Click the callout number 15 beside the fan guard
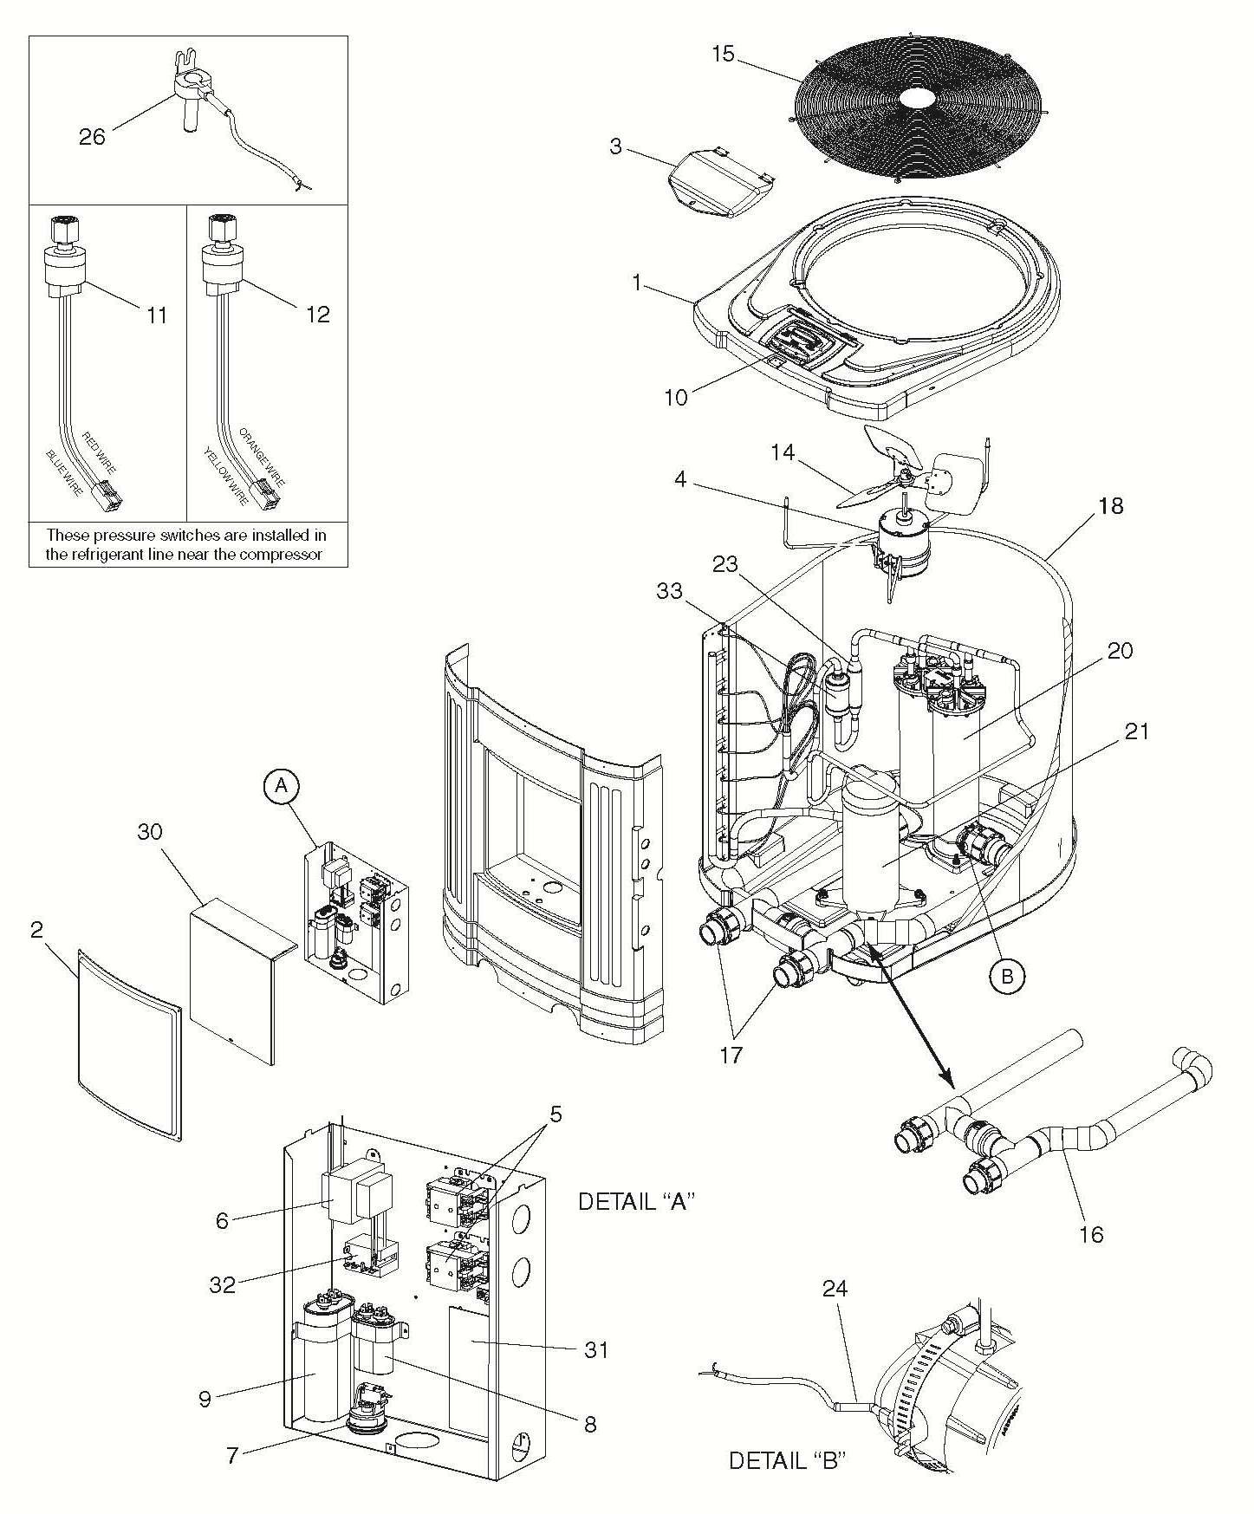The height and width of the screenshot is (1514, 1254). [722, 54]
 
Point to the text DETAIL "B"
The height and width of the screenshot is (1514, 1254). [786, 1461]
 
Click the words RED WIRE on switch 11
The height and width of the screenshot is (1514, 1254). [99, 452]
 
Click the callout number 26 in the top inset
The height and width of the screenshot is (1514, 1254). [92, 136]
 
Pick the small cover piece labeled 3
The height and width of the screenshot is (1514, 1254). [719, 180]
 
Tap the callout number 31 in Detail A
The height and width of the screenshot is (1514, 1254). [595, 1349]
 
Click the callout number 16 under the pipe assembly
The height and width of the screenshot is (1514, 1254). [1092, 1233]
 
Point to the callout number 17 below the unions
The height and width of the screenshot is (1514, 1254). [731, 1056]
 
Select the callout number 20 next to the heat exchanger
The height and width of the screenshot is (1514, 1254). [1120, 650]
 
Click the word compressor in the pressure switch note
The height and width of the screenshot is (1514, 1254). [283, 554]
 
